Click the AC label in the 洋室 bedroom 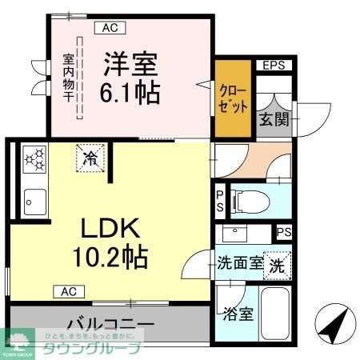[x=109, y=27]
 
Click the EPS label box [x=274, y=66]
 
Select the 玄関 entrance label [x=269, y=121]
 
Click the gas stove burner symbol [x=34, y=158]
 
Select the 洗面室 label [x=239, y=263]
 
